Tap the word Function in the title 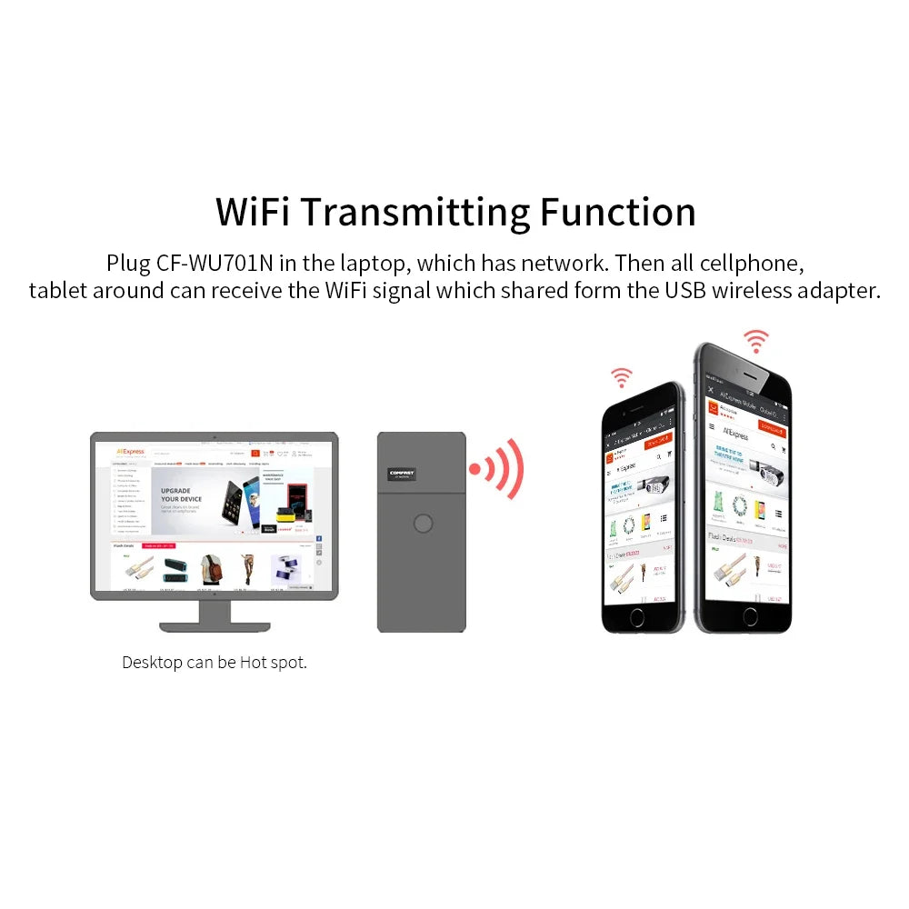click(618, 211)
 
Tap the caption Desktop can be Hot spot click(215, 662)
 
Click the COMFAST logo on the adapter click(401, 473)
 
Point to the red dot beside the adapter click(474, 469)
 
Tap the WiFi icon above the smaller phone click(621, 376)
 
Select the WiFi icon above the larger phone click(754, 342)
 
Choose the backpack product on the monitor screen click(210, 569)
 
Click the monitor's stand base click(214, 625)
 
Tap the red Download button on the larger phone click(772, 427)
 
